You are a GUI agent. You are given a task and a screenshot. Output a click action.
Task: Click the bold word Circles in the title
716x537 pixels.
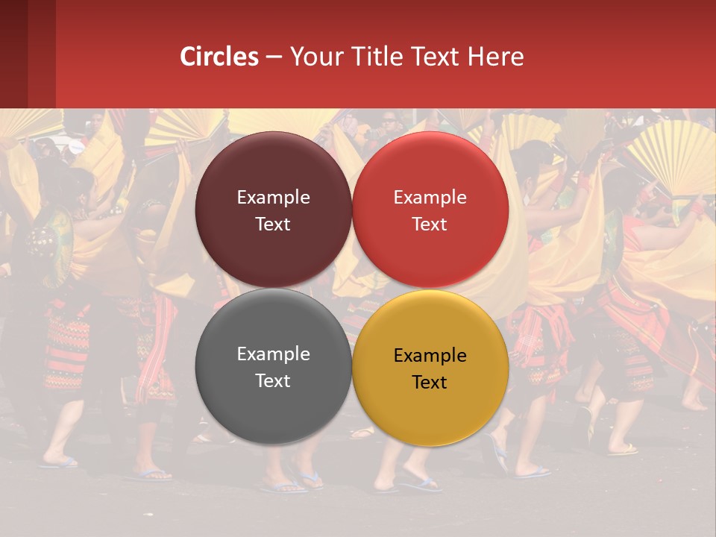(x=219, y=57)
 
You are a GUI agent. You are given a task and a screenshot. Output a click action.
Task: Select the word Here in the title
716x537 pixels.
(x=495, y=57)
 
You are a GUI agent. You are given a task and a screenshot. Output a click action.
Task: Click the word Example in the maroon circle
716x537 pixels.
(x=273, y=198)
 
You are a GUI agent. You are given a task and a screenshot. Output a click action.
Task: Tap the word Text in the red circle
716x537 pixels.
(x=430, y=224)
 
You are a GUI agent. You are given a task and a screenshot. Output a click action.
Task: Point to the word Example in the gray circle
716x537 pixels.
(x=273, y=354)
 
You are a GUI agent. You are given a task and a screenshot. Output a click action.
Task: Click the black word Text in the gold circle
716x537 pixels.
(x=430, y=383)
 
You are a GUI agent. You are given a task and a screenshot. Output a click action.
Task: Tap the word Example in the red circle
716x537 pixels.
(x=430, y=198)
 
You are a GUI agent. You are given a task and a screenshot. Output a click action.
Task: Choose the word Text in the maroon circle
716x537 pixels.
(x=273, y=224)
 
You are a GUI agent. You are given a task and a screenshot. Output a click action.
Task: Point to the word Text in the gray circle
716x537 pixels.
(x=273, y=381)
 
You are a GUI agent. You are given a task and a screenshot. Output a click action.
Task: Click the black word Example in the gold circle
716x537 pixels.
(x=430, y=356)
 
